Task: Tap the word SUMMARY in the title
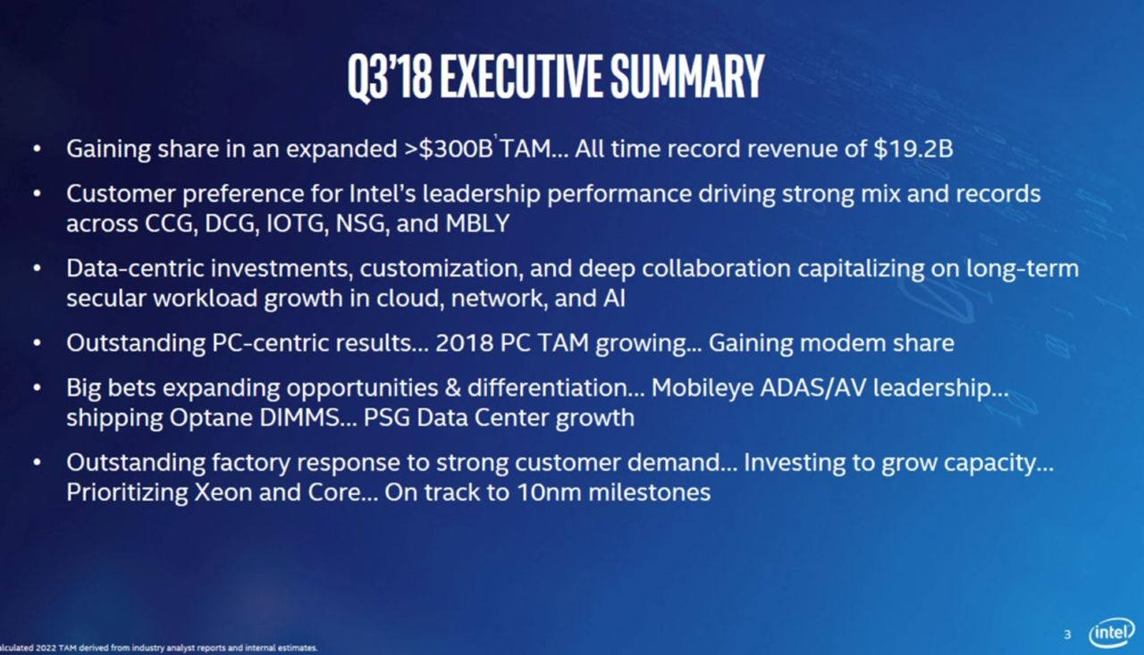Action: pyautogui.click(x=687, y=76)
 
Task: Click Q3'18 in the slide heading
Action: pyautogui.click(x=390, y=78)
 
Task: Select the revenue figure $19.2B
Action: pyautogui.click(x=913, y=148)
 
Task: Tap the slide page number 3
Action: pyautogui.click(x=1067, y=634)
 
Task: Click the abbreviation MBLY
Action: pyautogui.click(x=477, y=223)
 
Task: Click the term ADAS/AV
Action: pyautogui.click(x=813, y=388)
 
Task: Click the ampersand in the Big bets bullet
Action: pyautogui.click(x=452, y=388)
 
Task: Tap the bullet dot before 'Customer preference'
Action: pyautogui.click(x=37, y=194)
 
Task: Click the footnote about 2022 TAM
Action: pyautogui.click(x=159, y=648)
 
